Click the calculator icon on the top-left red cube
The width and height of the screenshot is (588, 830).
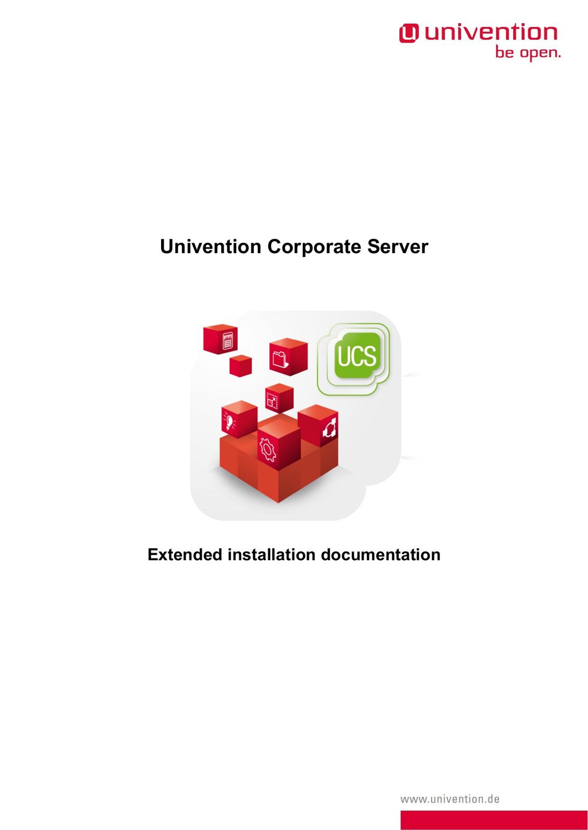coord(228,341)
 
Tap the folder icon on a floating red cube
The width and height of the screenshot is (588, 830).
coord(280,359)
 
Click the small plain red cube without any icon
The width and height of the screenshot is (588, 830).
coord(240,366)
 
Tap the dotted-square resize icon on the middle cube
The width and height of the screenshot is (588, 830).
coord(272,400)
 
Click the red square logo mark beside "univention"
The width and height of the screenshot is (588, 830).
coord(409,33)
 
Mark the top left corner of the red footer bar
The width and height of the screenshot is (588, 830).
coord(400,811)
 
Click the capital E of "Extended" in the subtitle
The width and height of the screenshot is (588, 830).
coord(153,555)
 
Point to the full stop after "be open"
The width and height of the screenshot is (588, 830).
coord(559,57)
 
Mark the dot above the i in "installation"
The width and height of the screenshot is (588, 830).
coord(230,548)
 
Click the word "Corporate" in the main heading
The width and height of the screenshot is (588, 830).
coord(314,247)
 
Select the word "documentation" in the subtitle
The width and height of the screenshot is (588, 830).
coord(381,555)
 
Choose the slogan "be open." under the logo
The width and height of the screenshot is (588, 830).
coord(528,52)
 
